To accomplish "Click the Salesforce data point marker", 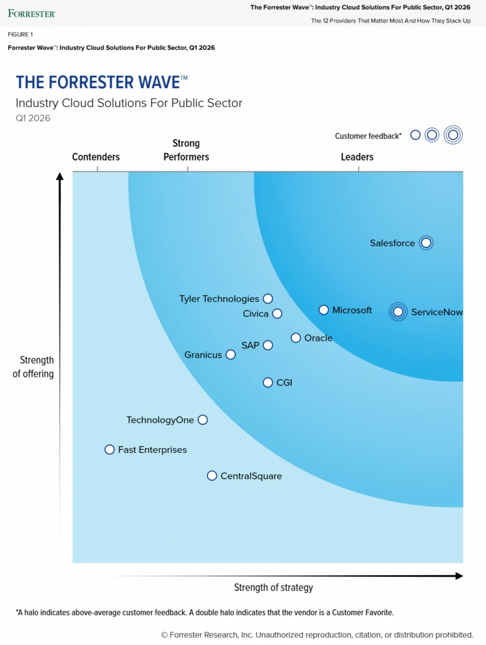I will point(426,243).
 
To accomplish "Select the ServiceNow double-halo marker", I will point(398,311).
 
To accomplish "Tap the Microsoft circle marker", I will point(324,310).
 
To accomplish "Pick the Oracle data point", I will point(296,338).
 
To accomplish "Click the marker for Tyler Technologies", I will point(268,299).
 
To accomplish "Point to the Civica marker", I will point(277,314).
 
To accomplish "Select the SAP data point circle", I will point(268,345).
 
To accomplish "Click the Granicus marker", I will point(231,355).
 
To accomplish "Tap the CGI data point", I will point(268,382).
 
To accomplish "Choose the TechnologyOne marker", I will point(203,420).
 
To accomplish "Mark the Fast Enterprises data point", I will point(110,450).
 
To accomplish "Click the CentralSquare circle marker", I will point(212,476).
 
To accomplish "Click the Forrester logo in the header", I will point(31,13).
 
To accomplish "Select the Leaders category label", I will point(357,157).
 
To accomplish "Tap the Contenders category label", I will point(96,157).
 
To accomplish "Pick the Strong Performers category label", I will point(186,150).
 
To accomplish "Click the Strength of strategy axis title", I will point(273,588).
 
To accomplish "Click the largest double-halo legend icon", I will point(453,135).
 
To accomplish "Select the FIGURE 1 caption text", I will point(20,35).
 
